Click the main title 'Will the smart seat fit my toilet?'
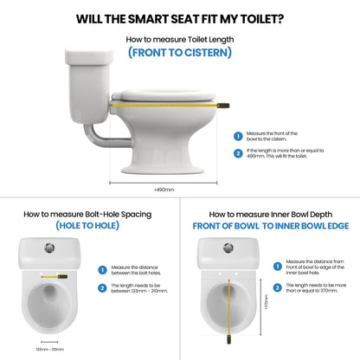tap(179, 18)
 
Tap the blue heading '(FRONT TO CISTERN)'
tap(179, 52)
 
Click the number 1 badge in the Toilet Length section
tap(238, 135)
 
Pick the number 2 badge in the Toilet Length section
tap(238, 153)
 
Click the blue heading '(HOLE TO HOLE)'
tap(90, 225)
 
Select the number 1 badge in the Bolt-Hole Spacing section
tap(103, 270)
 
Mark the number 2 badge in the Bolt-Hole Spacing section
tap(103, 287)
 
